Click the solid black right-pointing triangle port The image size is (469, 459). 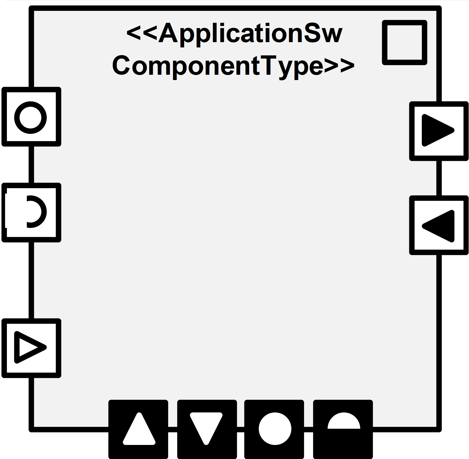click(439, 131)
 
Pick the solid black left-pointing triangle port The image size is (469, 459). click(439, 225)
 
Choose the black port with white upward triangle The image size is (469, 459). click(138, 429)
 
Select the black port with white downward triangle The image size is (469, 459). click(207, 429)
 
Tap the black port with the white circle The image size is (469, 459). click(274, 429)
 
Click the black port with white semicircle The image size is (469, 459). click(343, 429)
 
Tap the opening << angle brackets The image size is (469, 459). click(142, 33)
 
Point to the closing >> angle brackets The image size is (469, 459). click(339, 66)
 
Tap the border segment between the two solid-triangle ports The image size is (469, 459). click(439, 178)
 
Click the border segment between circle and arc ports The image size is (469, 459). click(31, 165)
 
